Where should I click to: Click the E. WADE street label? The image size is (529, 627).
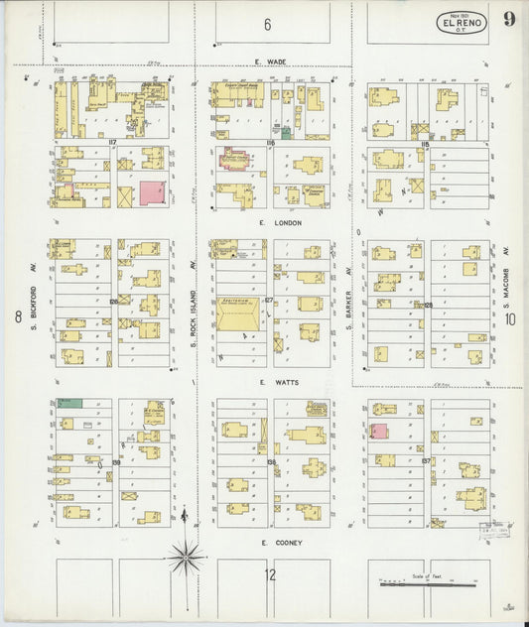(x=271, y=61)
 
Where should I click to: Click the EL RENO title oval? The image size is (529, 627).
(x=461, y=23)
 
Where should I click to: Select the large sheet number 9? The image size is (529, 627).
(x=507, y=21)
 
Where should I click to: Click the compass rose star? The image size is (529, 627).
(x=186, y=558)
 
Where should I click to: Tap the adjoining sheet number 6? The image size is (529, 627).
(x=267, y=24)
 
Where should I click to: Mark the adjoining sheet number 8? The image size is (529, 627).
(x=18, y=316)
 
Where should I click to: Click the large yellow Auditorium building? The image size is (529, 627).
(x=238, y=316)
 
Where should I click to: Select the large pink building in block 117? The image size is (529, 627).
(x=152, y=192)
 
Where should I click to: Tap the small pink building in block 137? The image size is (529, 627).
(x=379, y=431)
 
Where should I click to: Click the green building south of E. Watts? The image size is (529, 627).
(x=69, y=402)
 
